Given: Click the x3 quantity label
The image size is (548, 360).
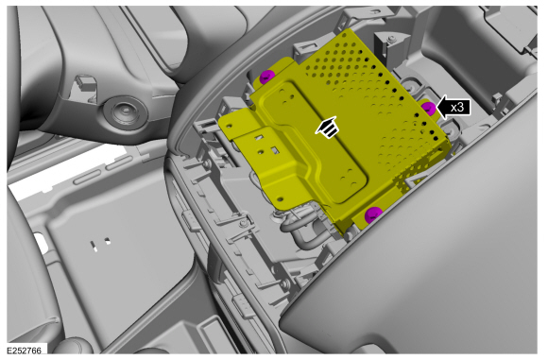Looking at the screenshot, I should (x=458, y=108).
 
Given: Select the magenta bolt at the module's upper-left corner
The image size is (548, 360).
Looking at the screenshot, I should (x=267, y=76).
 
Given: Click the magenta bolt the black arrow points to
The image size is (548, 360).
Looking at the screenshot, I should (x=427, y=109).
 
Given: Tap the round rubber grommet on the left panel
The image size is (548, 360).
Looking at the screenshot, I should (x=124, y=112).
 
